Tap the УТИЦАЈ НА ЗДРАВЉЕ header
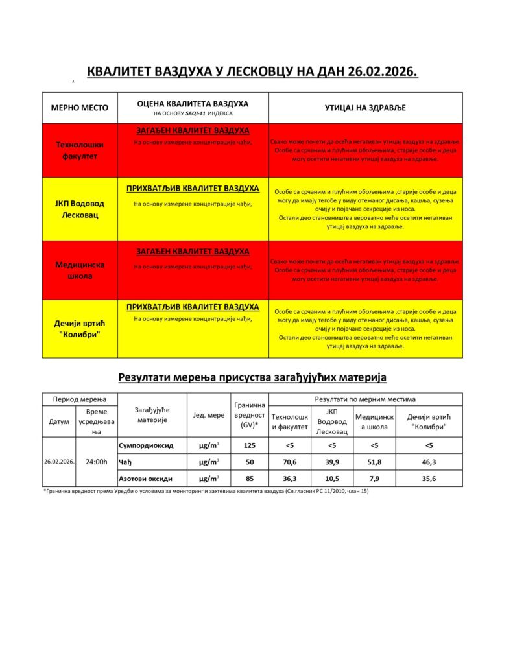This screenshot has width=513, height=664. (x=365, y=108)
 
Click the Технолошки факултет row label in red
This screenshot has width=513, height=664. (x=80, y=150)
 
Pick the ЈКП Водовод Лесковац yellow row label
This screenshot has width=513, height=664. (x=80, y=209)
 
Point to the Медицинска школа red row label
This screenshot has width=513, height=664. (x=80, y=270)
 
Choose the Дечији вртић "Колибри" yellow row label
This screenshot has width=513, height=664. (x=80, y=329)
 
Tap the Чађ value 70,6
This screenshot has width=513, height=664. (x=289, y=462)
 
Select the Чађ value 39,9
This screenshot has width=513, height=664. (x=332, y=462)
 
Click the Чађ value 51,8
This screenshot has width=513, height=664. (x=374, y=462)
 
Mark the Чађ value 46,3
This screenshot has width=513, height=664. (x=429, y=462)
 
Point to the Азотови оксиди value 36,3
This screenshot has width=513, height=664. (x=289, y=479)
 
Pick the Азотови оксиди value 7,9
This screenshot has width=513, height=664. (x=374, y=479)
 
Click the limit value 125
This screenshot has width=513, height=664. (x=249, y=445)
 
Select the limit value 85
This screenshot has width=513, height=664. (x=249, y=479)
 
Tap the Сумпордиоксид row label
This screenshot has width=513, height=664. (x=146, y=445)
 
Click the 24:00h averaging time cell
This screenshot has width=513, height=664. (x=97, y=462)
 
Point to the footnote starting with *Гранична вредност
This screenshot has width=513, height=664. (x=206, y=492)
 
